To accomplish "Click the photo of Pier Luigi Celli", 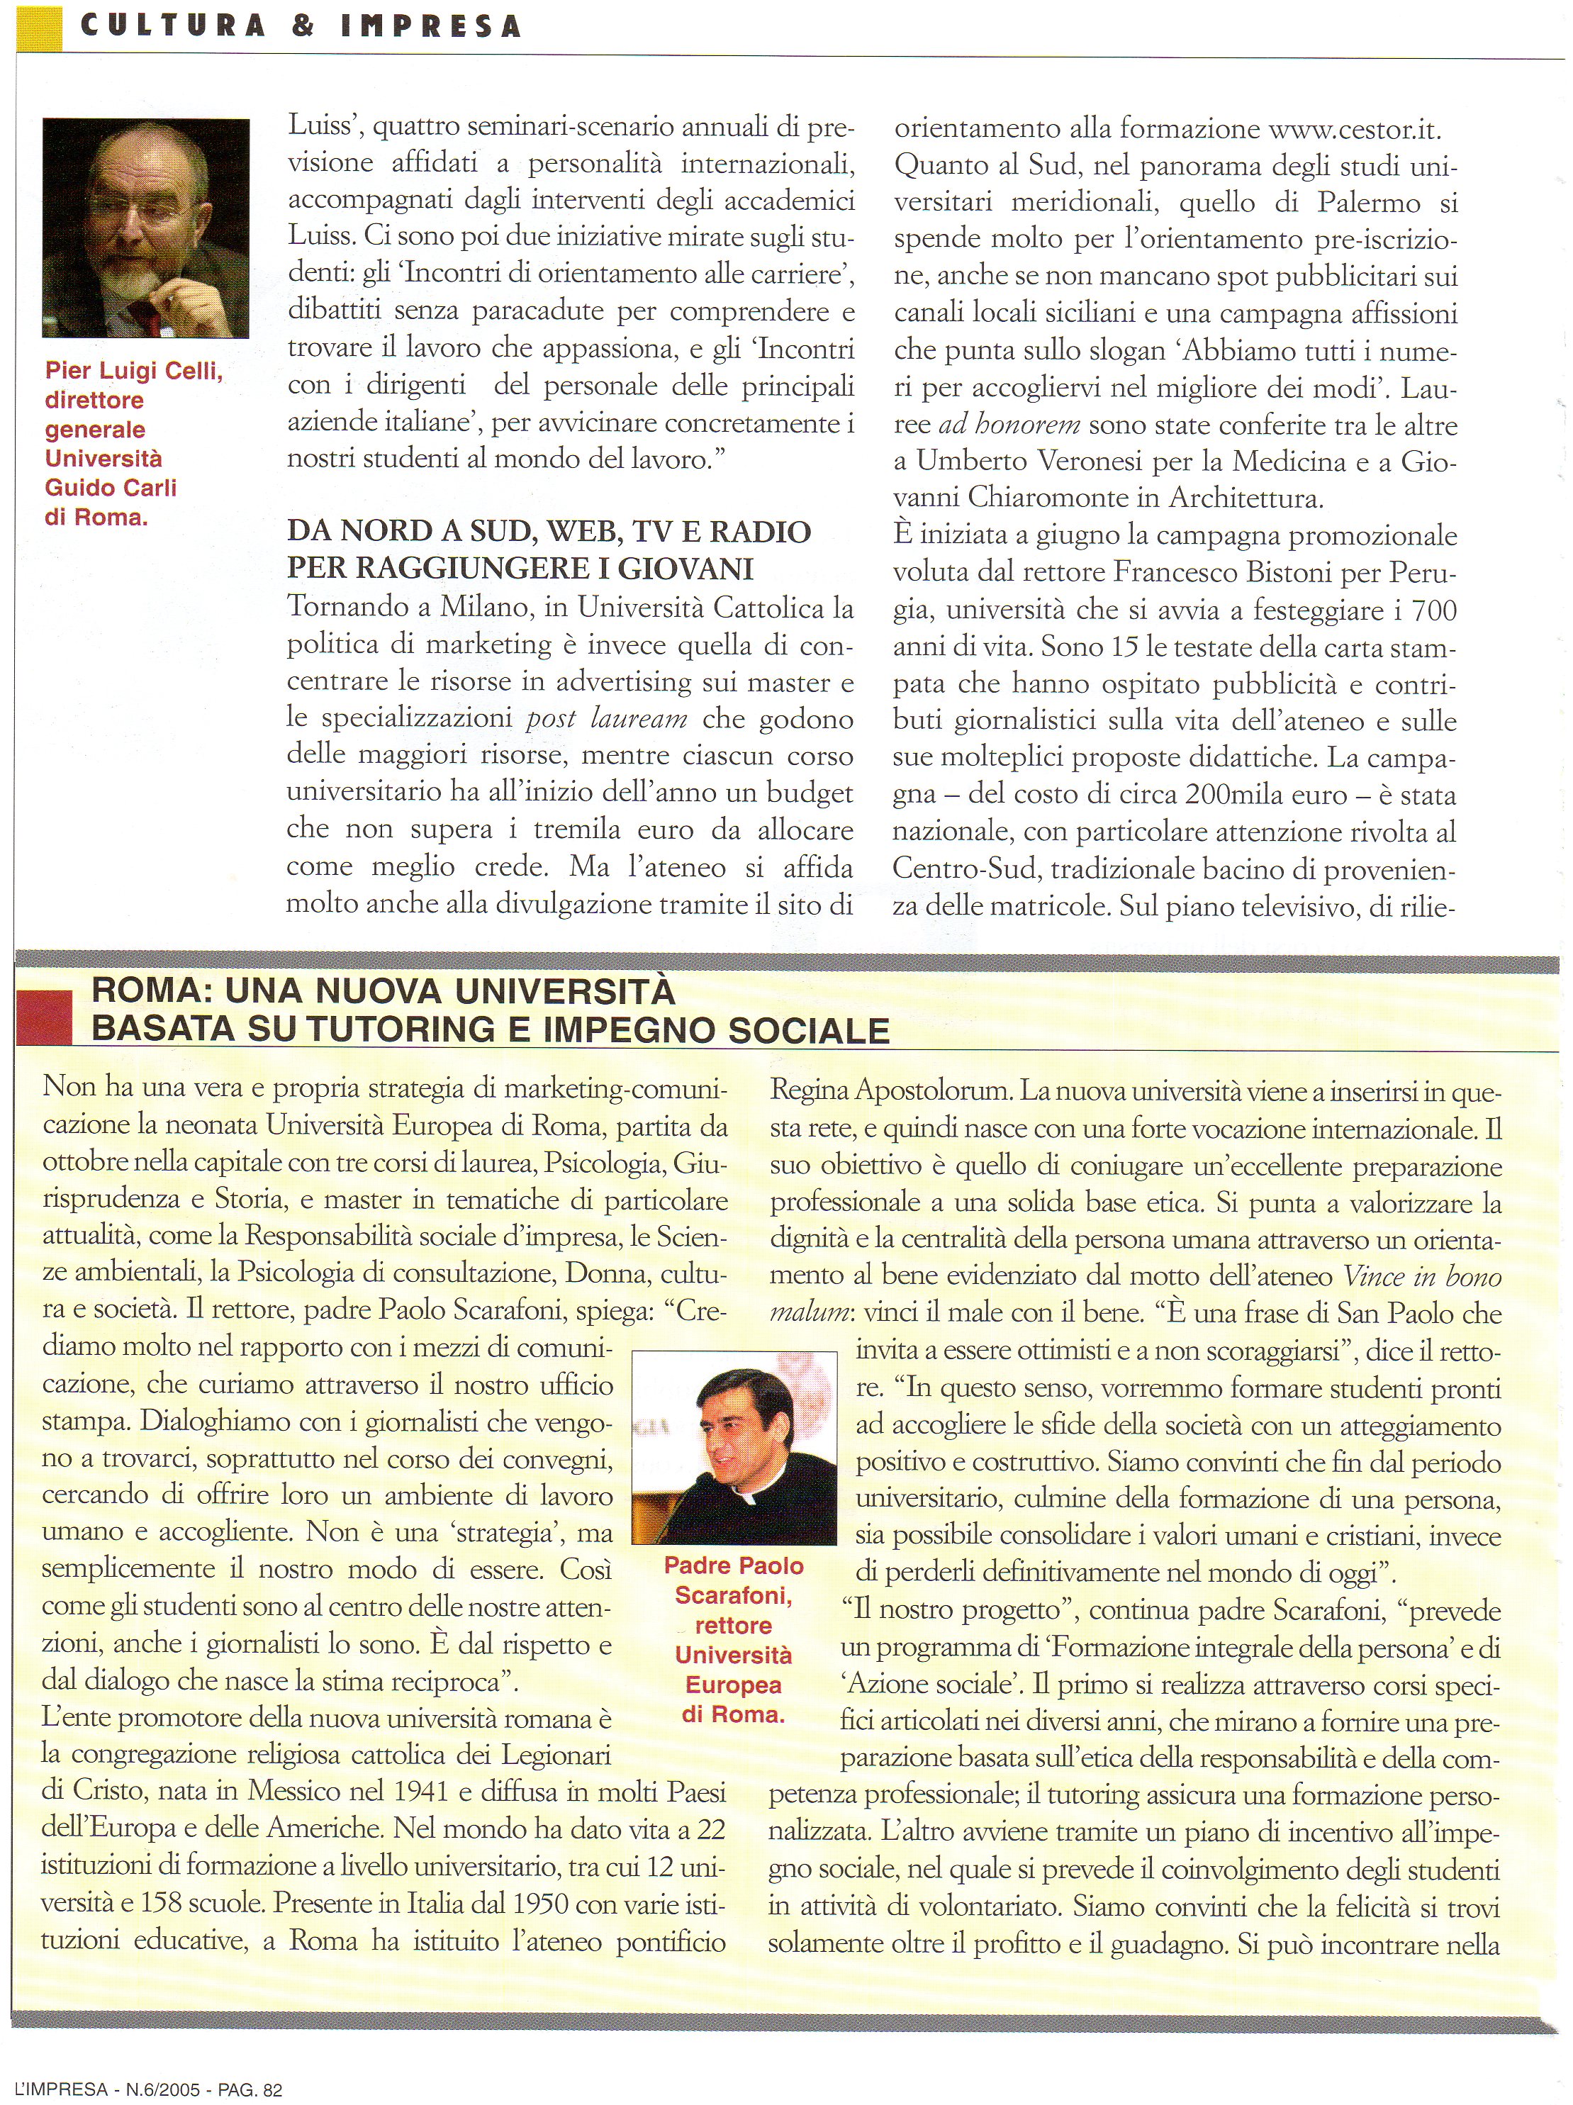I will (145, 228).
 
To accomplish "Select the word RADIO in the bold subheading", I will (756, 531).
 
